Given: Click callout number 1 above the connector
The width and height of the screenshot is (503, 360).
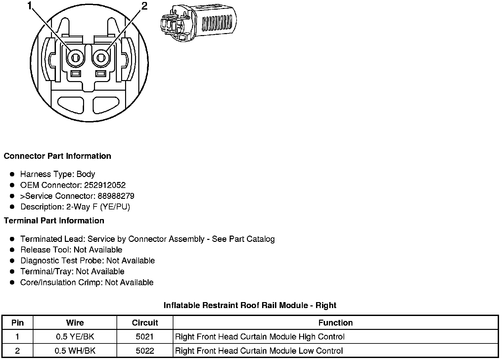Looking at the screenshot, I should [30, 6].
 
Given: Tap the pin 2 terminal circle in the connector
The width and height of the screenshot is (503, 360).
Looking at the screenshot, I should [101, 58].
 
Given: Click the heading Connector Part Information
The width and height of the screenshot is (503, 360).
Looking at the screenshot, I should [57, 156].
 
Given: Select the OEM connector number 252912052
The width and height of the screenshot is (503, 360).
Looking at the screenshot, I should [105, 185].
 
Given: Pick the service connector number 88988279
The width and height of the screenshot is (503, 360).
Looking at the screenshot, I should [116, 196].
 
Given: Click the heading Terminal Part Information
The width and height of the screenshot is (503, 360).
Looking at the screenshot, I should [54, 221].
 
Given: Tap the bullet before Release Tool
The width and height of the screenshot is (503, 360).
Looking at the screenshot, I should [12, 250].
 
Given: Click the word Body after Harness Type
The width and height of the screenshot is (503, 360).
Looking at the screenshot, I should [86, 174].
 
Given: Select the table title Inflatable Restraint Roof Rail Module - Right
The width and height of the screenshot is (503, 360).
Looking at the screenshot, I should [250, 305].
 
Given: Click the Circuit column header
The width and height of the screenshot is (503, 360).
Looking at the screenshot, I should [145, 323].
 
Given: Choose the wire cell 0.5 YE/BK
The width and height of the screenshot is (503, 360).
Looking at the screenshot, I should [75, 337].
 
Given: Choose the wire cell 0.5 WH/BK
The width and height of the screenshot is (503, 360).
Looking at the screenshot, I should [75, 351].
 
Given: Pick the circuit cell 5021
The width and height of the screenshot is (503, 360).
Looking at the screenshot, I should [145, 337].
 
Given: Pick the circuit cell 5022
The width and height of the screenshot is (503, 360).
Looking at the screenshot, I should [145, 351].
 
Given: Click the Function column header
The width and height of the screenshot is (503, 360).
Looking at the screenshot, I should [336, 323].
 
